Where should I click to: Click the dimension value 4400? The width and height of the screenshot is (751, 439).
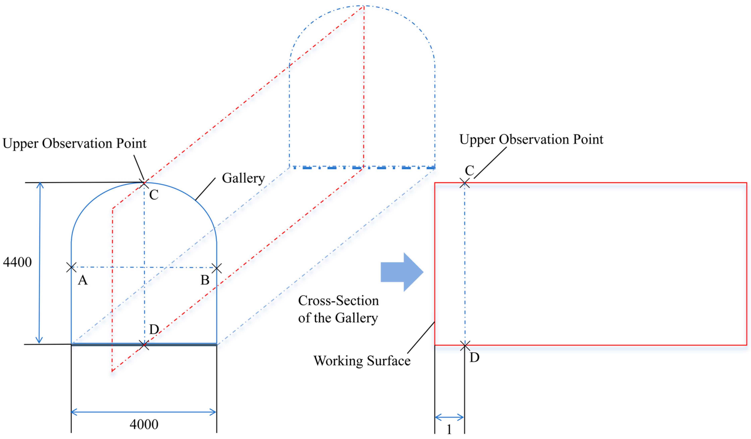[17, 262]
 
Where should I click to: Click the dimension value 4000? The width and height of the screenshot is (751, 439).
[144, 424]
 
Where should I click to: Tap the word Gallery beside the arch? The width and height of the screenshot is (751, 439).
[243, 178]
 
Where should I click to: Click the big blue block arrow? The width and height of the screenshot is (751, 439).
[402, 272]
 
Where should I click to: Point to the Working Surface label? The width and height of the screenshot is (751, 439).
[362, 361]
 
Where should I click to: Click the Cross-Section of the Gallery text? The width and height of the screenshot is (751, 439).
[338, 309]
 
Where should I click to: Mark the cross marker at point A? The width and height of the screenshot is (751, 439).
[71, 267]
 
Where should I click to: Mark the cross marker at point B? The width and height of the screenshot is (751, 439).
[217, 268]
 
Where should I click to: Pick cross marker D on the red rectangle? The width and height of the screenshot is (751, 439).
[465, 345]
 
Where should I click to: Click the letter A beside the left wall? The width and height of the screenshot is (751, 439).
[83, 280]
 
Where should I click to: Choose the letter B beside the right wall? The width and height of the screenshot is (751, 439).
[205, 280]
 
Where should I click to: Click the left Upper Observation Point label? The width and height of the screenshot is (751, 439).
[75, 143]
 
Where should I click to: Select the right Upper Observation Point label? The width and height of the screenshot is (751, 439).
[531, 139]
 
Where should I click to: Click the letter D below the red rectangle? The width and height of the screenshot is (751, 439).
[474, 357]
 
